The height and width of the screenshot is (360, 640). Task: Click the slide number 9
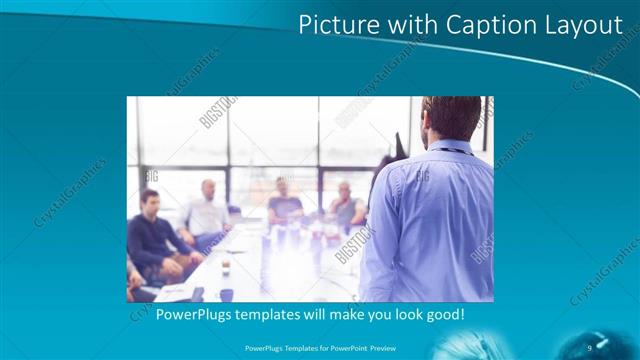tap(590, 346)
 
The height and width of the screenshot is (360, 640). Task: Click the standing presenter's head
tap(451, 118)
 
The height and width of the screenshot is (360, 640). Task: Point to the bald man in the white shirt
tap(206, 212)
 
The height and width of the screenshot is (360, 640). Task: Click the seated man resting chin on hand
tap(347, 205)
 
